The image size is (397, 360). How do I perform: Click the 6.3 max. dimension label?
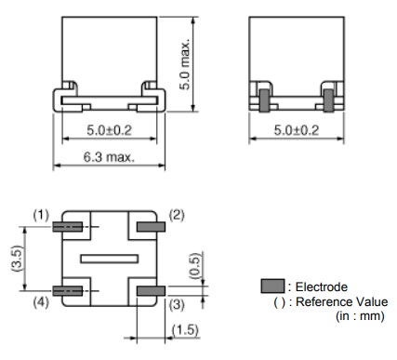pos(108,157)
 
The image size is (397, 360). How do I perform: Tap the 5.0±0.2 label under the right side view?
pos(295,129)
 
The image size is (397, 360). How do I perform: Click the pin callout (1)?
pos(41,214)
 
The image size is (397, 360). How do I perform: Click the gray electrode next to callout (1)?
pos(68,227)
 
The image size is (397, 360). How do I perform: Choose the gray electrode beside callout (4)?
pos(68,291)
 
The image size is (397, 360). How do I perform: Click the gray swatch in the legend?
pos(274,287)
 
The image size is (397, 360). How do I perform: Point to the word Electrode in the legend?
pos(321,287)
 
